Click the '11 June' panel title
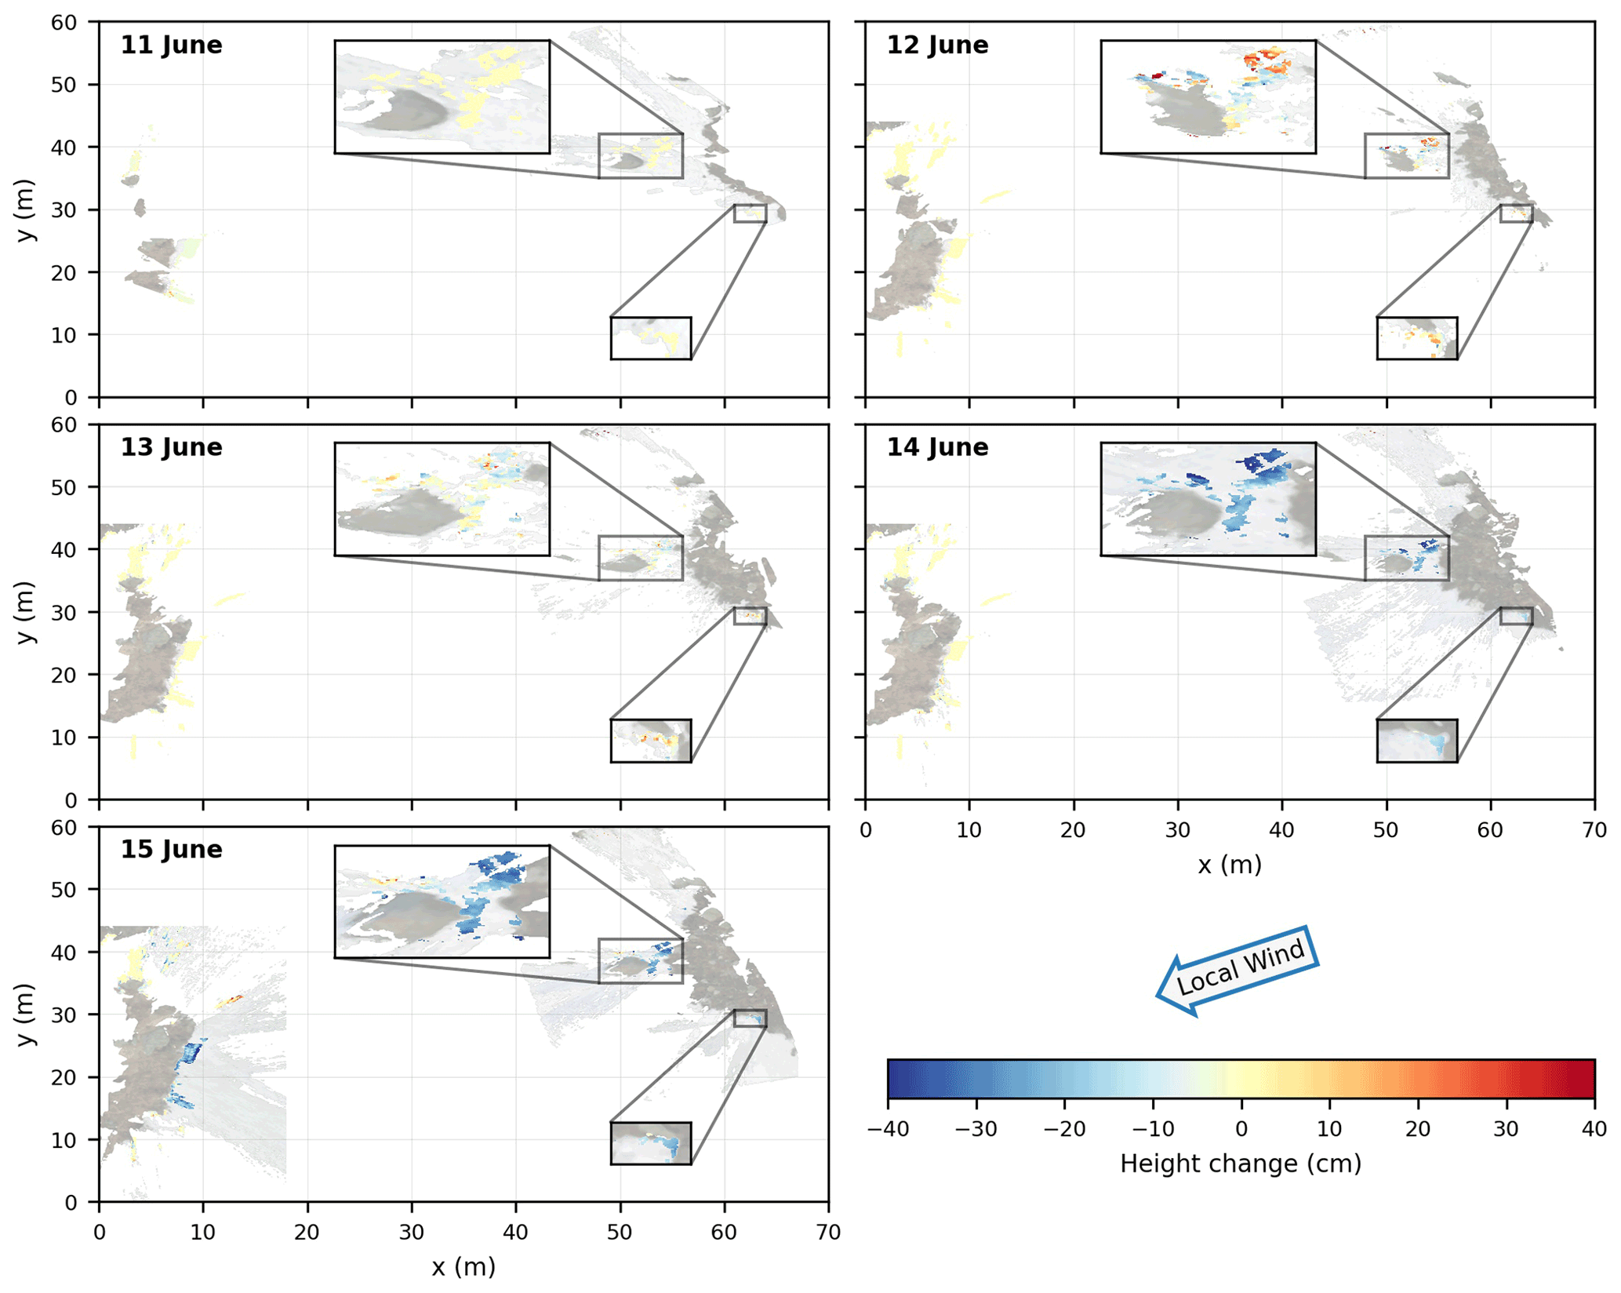pyautogui.click(x=171, y=46)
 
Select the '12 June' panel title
pyautogui.click(x=937, y=46)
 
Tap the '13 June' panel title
pyautogui.click(x=171, y=448)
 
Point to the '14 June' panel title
pyautogui.click(x=937, y=448)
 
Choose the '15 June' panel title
pyautogui.click(x=171, y=850)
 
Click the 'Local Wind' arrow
pyautogui.click(x=1237, y=971)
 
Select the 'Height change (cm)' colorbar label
pyautogui.click(x=1241, y=1164)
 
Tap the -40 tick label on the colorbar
pyautogui.click(x=888, y=1130)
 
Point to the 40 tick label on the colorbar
pyautogui.click(x=1594, y=1130)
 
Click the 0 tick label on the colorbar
pyautogui.click(x=1241, y=1130)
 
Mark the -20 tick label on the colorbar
pyautogui.click(x=1064, y=1130)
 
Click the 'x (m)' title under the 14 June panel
pyautogui.click(x=1230, y=865)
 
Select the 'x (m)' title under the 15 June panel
pyautogui.click(x=463, y=1267)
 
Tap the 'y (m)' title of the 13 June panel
pyautogui.click(x=27, y=613)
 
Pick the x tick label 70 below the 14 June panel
pyautogui.click(x=1594, y=830)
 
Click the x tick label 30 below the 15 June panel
pyautogui.click(x=412, y=1233)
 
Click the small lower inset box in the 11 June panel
pyautogui.click(x=651, y=338)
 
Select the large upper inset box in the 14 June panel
pyautogui.click(x=1208, y=499)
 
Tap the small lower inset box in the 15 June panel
pyautogui.click(x=651, y=1143)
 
